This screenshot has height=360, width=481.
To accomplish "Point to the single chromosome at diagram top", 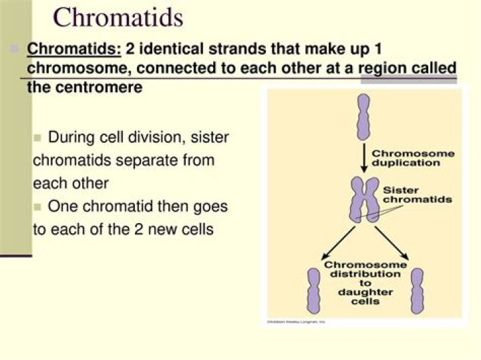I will point(363,116).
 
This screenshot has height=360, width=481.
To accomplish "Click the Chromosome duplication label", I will point(413,158).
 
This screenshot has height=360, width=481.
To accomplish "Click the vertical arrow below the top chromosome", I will point(363,157).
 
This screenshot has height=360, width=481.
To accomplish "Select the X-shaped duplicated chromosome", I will point(364,200).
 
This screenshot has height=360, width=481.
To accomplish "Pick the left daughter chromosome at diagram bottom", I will point(313,290).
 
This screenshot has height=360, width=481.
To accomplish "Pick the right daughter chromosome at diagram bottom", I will point(417,290).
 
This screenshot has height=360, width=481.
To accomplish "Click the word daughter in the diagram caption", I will point(365,292).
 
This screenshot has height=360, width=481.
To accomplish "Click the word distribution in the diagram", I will point(365,274).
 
